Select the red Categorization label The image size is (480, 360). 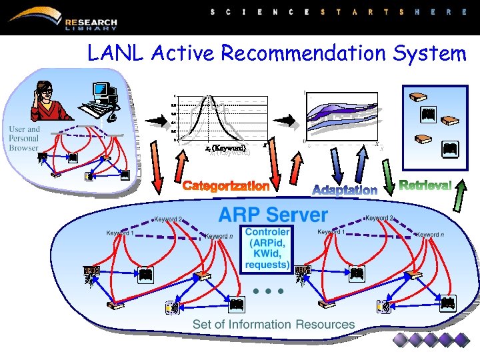coord(227,186)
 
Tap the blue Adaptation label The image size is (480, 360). coord(345,189)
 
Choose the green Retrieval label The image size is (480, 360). coord(425,184)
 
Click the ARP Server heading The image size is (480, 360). coord(273,215)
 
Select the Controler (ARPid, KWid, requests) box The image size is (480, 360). coord(267,248)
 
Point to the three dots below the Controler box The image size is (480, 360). coord(269,291)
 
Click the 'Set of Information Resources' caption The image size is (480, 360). coord(273,325)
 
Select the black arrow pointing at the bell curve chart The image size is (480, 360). coord(159,120)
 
